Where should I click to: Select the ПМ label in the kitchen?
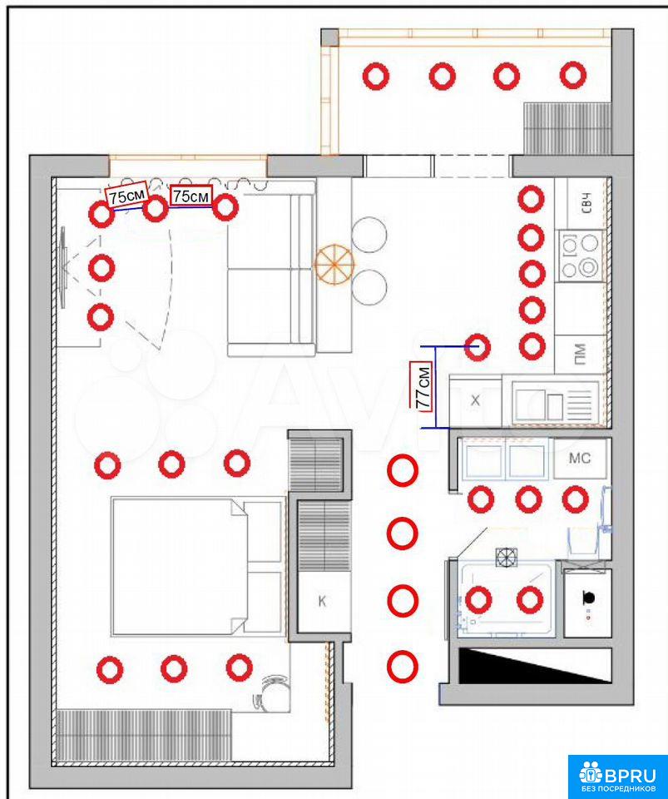point(579,355)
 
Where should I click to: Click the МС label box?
point(580,458)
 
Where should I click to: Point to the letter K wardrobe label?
point(322,602)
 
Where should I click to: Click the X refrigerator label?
point(475,400)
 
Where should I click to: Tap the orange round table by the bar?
point(334,264)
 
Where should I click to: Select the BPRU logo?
point(617,775)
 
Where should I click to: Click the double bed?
point(196,567)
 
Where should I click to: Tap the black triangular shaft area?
point(535,665)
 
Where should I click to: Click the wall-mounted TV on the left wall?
point(62,267)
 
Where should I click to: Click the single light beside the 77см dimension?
point(477,347)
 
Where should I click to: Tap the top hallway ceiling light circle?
point(403,469)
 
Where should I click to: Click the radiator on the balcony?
point(567,128)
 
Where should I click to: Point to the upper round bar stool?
point(369,235)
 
